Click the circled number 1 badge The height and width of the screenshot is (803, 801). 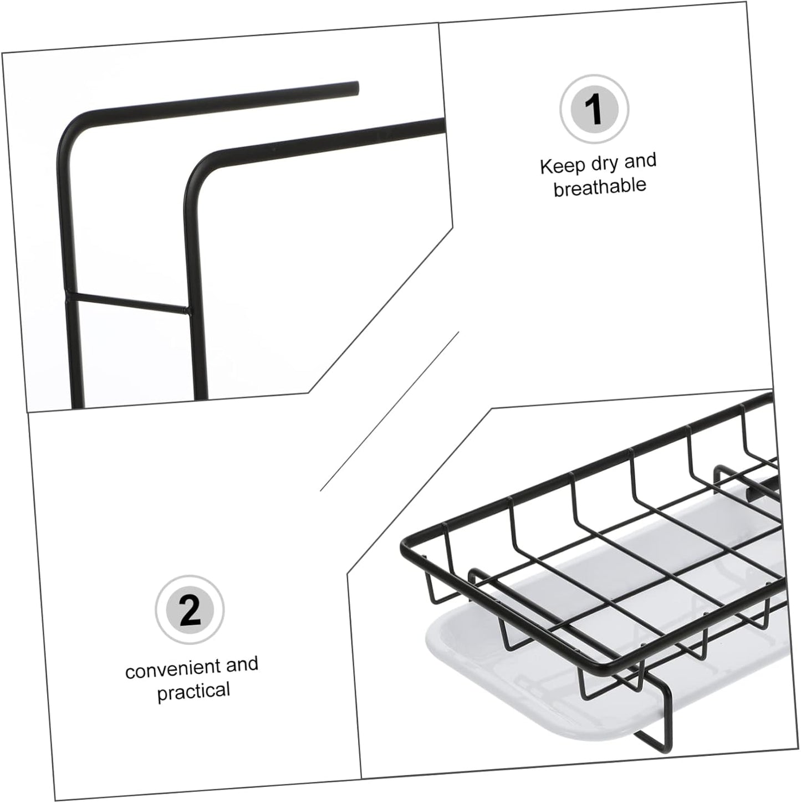[595, 110]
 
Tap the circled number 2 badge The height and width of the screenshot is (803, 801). [190, 611]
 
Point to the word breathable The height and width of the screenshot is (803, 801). [600, 187]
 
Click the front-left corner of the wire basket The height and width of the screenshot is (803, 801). [404, 547]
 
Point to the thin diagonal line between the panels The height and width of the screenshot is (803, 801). [390, 411]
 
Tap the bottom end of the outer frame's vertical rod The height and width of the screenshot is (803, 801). [78, 406]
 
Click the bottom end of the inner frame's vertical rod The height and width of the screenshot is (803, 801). [201, 398]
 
